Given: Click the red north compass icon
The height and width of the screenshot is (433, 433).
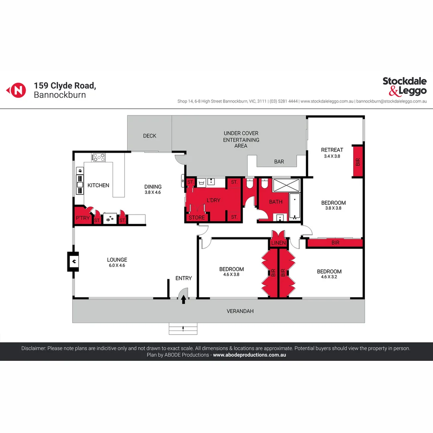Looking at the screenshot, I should point(16,90).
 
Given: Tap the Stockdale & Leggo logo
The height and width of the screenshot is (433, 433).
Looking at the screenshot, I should point(404,86).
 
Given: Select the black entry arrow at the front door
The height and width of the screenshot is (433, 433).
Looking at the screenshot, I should point(184,299).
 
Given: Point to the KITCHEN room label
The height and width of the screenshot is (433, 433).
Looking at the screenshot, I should point(98,185).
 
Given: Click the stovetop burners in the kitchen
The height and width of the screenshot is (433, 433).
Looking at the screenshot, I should point(99,157).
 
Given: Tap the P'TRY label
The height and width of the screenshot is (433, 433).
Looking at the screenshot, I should point(83,218).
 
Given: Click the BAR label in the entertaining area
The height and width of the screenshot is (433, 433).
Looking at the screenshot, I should point(279,162).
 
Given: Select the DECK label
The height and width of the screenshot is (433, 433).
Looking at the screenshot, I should point(150,136).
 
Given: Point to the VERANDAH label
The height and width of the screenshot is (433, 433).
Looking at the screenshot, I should point(240,311).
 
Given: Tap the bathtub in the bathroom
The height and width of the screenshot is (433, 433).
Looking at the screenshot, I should point(295,206).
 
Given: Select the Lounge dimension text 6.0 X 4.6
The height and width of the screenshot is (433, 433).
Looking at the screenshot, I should point(117,265).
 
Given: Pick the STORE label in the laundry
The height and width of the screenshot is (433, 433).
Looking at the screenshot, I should point(196,218).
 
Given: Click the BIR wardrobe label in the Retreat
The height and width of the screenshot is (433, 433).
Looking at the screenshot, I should point(358,162).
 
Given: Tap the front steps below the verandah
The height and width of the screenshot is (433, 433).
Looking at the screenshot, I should point(183,329).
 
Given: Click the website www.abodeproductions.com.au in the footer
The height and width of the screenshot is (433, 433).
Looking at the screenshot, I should point(249,355).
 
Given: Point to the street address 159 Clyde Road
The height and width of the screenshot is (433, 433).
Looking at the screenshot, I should point(65,85).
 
